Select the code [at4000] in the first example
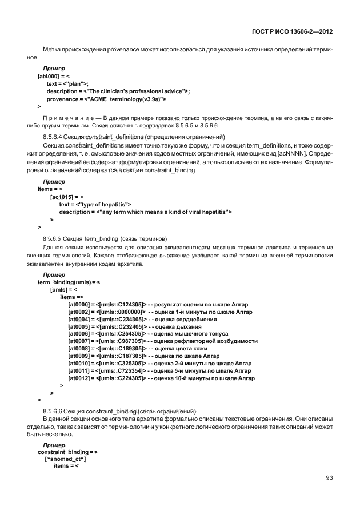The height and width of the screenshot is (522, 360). (x=50, y=75)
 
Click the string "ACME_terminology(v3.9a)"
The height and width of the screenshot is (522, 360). (x=126, y=99)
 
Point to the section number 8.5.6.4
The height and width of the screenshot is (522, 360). (x=54, y=137)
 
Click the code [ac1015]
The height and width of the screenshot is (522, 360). (x=63, y=196)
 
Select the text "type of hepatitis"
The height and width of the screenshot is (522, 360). (x=107, y=204)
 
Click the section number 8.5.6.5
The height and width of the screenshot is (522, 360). (x=54, y=237)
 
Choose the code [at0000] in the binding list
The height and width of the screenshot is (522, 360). (x=79, y=304)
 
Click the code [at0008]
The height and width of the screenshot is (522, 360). (x=79, y=349)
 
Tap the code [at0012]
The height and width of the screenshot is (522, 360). (x=79, y=378)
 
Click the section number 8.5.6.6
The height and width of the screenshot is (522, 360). (x=54, y=412)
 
